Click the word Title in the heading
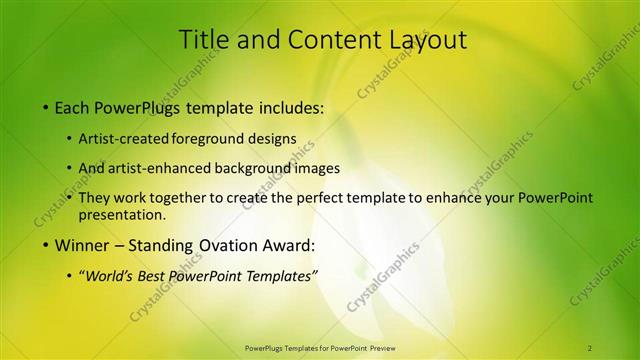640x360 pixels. [x=203, y=40]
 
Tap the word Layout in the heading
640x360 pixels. [x=424, y=40]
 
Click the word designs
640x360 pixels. [x=275, y=138]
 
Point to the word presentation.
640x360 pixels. [x=122, y=214]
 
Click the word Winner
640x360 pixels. [x=83, y=245]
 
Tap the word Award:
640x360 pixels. [x=288, y=245]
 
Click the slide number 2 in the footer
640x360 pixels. [x=590, y=347]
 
